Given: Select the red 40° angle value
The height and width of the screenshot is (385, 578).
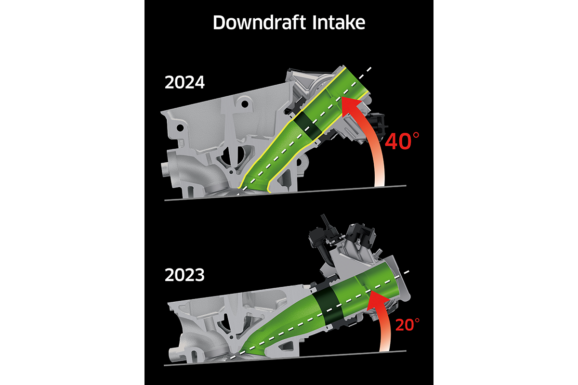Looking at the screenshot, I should [x=402, y=143].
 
